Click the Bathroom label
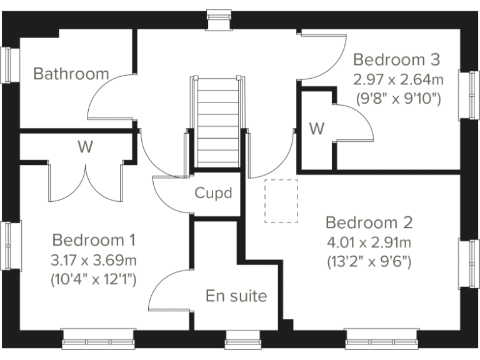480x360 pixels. point(71,74)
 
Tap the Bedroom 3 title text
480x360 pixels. point(397,60)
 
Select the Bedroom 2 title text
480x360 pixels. point(369,222)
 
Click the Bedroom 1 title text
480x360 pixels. point(94,240)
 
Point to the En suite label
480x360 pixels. point(236,296)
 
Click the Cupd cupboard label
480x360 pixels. point(213,193)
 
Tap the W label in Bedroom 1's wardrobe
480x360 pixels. point(85,147)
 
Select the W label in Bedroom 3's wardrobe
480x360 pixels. point(317,129)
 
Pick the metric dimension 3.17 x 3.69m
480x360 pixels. point(94,259)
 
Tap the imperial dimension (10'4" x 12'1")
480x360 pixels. point(94,279)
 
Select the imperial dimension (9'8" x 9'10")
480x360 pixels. point(398,98)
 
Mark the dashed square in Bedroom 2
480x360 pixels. point(281,201)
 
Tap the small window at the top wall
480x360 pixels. point(218,19)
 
